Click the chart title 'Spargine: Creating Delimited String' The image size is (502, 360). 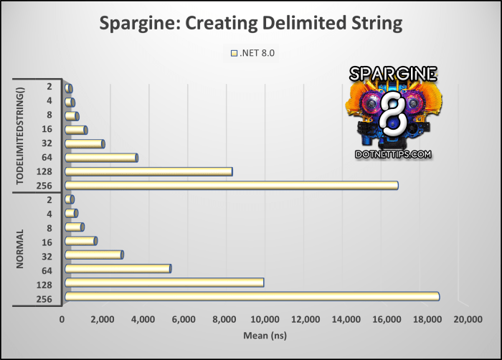[251, 24]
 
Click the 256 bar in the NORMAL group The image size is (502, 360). [251, 296]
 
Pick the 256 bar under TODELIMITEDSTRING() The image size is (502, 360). [231, 185]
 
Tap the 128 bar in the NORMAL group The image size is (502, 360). [164, 282]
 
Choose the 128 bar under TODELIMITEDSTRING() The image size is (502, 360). [148, 171]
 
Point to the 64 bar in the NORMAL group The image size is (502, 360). [117, 268]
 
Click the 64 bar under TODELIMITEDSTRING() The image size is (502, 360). [100, 158]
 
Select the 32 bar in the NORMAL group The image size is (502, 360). [93, 255]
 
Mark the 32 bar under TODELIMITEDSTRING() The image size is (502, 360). [84, 143]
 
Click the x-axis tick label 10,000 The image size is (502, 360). [265, 318]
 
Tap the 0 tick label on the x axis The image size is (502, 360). [62, 318]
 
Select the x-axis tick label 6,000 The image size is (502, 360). [184, 318]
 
